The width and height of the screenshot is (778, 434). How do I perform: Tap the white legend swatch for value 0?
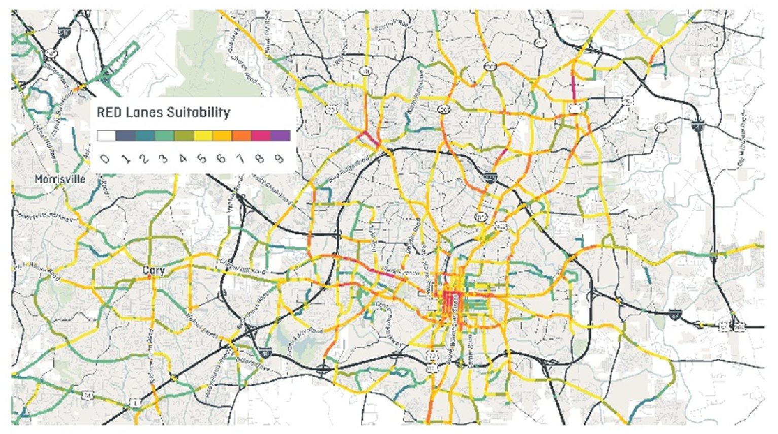pos(107,136)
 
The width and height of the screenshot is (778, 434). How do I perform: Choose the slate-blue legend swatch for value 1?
pos(126,136)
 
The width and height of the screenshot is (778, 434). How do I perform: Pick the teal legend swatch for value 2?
pos(145,136)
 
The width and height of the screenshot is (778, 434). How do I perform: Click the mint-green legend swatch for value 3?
pos(164,136)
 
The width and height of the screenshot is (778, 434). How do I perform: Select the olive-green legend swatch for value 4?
pos(184,136)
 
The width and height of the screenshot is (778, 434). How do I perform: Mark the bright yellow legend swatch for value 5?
pos(203,136)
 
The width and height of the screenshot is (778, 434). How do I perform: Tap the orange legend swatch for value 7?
pos(241,136)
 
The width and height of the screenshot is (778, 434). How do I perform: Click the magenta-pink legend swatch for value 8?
pos(261,136)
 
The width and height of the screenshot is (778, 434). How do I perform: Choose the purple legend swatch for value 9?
pos(280,136)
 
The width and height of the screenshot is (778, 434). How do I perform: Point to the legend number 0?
pos(105,159)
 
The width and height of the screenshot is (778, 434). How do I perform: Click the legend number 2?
pos(144,159)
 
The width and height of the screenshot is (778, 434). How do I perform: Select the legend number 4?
pos(183,159)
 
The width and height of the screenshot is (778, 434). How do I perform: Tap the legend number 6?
pos(221,159)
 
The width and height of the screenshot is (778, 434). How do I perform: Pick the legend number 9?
pos(279,159)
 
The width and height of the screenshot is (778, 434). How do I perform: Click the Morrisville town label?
pos(60,179)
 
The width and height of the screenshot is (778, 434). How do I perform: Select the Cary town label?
pos(153,270)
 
